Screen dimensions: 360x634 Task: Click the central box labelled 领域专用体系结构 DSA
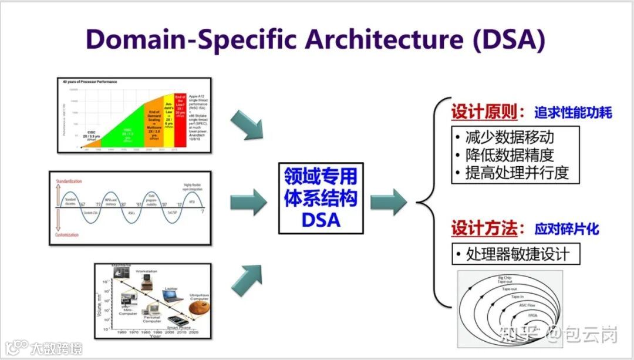[321, 198]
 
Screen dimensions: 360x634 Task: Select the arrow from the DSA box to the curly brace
[389, 202]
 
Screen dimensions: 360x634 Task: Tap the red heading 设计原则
[484, 112]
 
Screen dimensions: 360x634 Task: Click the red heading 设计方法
[484, 228]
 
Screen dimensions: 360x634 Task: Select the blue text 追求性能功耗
[572, 113]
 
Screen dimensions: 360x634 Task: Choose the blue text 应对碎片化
[566, 228]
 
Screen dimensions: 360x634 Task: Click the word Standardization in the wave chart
[69, 181]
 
